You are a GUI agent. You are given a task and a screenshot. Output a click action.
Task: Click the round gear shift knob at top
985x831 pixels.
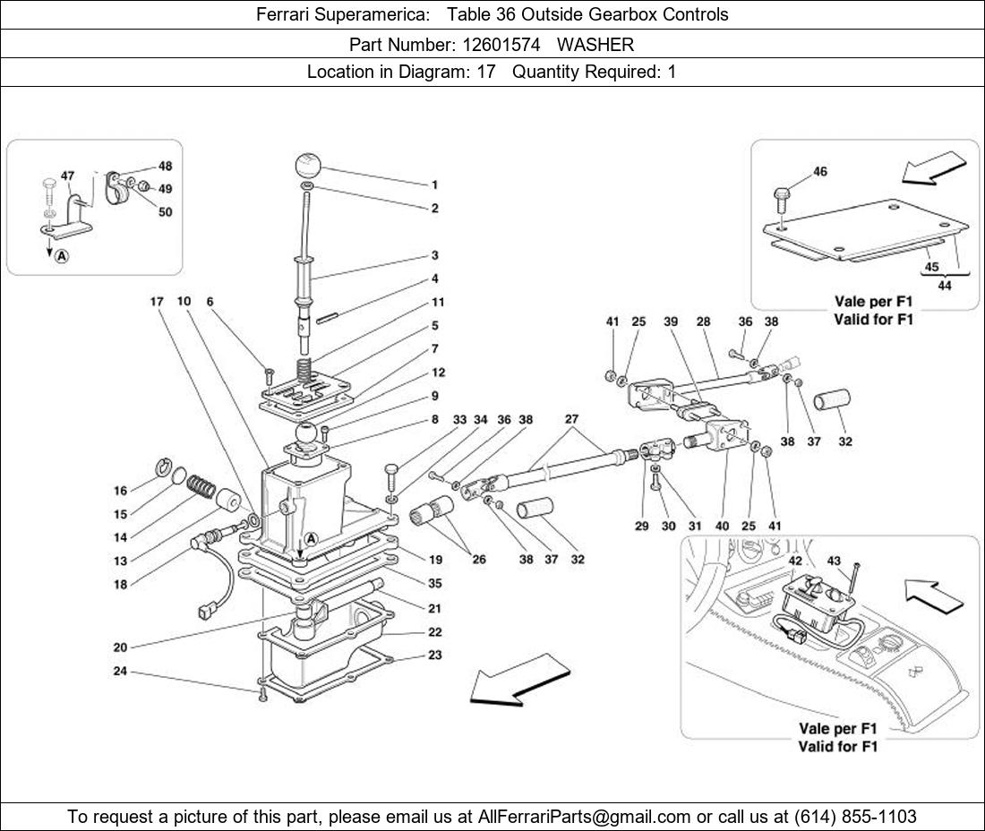click(308, 167)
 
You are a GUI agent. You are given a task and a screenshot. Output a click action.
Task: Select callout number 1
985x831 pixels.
click(434, 185)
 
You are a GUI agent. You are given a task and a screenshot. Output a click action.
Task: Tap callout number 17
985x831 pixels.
click(156, 302)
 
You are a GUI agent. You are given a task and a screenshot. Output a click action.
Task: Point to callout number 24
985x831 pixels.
click(119, 672)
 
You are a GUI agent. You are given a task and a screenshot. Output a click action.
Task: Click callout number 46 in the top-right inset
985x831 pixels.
click(820, 172)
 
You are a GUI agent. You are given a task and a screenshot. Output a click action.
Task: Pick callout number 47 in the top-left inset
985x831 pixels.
click(68, 176)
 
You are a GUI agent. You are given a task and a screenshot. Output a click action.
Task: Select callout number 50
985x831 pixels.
click(166, 212)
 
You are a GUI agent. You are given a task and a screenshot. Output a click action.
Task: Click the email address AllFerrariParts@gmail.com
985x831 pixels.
click(585, 817)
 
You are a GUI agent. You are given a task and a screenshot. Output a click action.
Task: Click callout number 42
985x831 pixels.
click(795, 560)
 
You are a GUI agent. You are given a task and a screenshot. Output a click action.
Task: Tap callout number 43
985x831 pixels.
click(834, 560)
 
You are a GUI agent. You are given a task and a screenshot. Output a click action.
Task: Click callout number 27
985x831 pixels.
click(572, 418)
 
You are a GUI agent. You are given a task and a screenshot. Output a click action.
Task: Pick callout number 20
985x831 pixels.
click(119, 647)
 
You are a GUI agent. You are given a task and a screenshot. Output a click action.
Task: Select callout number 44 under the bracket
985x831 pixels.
click(945, 285)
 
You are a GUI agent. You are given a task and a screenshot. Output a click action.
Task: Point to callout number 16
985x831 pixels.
click(120, 491)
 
